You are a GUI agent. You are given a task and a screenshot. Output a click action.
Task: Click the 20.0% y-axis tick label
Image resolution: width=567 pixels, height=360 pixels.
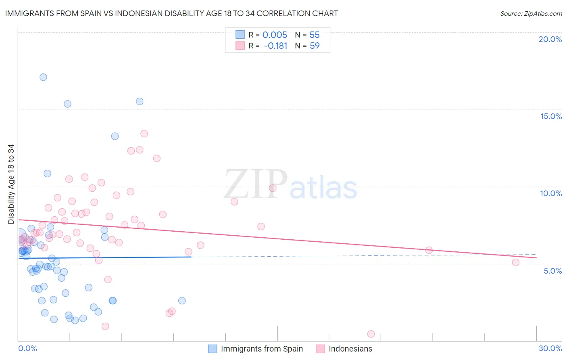click(550, 39)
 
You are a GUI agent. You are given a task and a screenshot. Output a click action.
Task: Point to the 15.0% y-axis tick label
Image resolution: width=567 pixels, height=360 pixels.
click(551, 116)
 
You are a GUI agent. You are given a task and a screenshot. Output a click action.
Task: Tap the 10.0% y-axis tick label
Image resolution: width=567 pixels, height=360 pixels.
click(551, 193)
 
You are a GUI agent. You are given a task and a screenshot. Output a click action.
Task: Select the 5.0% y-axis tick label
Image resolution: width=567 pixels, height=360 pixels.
click(552, 271)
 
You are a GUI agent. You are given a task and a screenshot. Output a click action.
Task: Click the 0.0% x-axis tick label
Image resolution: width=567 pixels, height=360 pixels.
click(27, 348)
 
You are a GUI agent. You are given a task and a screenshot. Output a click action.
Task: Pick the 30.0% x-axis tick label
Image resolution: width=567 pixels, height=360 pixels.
click(550, 348)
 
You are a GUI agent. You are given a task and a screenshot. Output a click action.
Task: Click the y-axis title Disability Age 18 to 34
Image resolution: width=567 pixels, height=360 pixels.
click(11, 184)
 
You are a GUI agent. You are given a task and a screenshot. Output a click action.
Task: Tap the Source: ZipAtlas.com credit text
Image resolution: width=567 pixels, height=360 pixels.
click(531, 13)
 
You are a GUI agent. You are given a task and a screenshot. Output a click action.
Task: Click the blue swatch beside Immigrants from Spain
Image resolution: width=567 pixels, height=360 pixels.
click(213, 349)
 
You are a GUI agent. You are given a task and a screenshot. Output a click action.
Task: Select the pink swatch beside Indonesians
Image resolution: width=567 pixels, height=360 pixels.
click(320, 349)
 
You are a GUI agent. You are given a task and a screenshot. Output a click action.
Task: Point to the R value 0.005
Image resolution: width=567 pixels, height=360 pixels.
click(275, 35)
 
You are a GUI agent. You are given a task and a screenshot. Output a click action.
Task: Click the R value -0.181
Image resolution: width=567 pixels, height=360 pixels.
click(275, 46)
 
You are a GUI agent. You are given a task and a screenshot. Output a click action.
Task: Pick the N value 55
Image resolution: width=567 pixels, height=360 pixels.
click(315, 35)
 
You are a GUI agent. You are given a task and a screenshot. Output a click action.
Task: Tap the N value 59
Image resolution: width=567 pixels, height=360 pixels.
click(315, 46)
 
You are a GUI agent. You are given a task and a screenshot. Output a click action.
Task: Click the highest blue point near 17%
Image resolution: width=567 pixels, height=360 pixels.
click(43, 77)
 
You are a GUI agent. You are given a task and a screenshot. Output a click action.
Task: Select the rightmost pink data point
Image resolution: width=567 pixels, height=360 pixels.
click(515, 262)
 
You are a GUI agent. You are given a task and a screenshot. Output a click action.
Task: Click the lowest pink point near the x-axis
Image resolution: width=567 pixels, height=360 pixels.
click(371, 334)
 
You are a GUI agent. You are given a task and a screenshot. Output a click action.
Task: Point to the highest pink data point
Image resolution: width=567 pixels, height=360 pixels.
click(144, 134)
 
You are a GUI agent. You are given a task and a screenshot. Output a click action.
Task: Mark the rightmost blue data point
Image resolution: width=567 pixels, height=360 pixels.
click(182, 301)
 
